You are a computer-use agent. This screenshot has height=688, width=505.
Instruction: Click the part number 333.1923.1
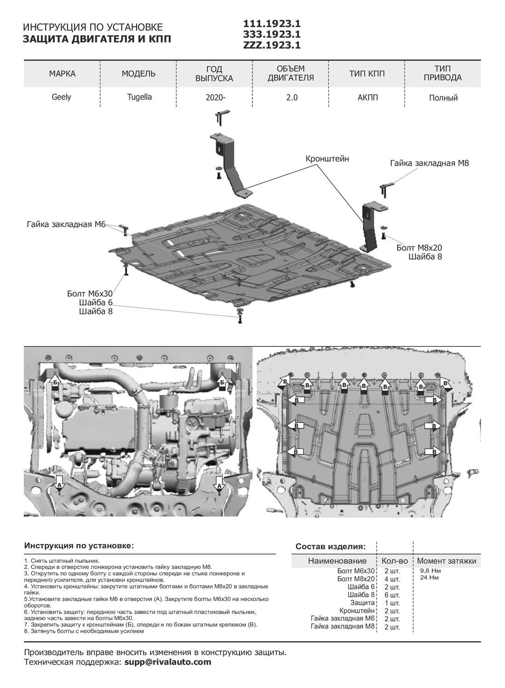click(272, 34)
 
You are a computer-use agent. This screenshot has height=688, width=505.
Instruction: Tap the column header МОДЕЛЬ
click(139, 73)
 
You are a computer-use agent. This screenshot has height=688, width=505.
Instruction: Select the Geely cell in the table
click(62, 97)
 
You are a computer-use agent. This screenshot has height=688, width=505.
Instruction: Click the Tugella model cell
click(139, 97)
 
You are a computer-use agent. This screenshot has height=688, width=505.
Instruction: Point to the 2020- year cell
click(213, 98)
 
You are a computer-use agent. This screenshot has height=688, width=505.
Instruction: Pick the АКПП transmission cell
click(367, 97)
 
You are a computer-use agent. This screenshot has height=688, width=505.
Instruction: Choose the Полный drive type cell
click(443, 98)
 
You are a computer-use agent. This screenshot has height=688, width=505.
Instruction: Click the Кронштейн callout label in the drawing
click(327, 159)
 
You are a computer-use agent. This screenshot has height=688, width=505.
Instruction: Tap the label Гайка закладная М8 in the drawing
click(429, 163)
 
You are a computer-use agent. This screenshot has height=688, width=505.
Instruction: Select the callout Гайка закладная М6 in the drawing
click(66, 224)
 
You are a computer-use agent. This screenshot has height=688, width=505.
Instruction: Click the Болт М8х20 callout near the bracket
click(419, 248)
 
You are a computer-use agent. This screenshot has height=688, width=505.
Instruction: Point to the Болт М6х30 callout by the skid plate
click(90, 294)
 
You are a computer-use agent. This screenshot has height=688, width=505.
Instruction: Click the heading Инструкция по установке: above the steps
click(79, 546)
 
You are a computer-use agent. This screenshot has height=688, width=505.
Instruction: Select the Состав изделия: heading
click(331, 547)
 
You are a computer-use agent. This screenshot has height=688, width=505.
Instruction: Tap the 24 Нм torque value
click(429, 577)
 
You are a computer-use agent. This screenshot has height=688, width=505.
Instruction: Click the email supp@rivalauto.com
click(168, 662)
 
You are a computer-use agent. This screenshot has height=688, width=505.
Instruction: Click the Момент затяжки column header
click(446, 561)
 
